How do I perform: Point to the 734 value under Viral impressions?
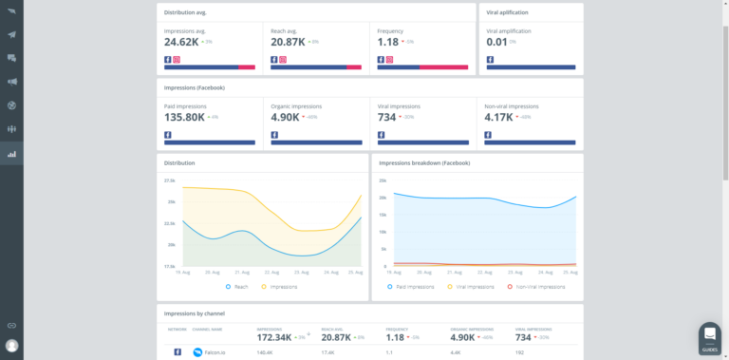pos(386,118)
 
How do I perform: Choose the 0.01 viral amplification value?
pos(496,43)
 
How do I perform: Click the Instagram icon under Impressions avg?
pos(177,60)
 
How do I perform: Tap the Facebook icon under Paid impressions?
pos(168,135)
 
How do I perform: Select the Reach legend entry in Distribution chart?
pos(237,286)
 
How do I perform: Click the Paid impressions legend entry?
pos(413,286)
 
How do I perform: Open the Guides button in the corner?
pos(709,337)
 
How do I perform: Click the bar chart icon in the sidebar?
pos(11,153)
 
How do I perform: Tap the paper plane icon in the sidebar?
pos(11,34)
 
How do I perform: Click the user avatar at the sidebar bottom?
pos(11,346)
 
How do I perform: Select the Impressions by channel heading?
pos(195,313)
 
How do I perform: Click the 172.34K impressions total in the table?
pos(274,336)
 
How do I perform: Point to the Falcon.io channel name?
pos(215,352)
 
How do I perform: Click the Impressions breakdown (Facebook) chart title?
pos(424,162)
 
